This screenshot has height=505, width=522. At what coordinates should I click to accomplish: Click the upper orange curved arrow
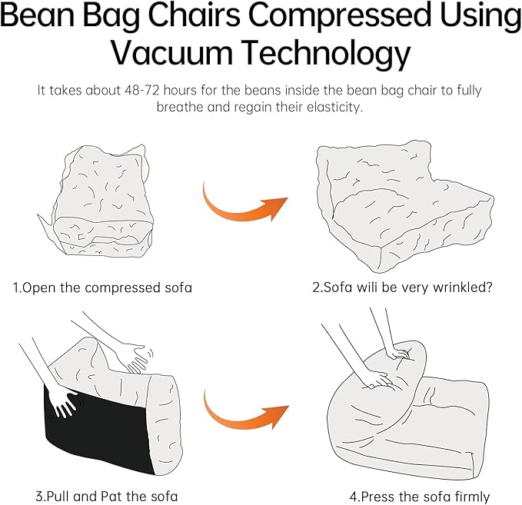(244, 204)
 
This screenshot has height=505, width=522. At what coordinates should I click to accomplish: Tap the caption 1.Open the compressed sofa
(102, 288)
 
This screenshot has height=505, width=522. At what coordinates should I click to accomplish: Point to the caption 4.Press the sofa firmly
(419, 497)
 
